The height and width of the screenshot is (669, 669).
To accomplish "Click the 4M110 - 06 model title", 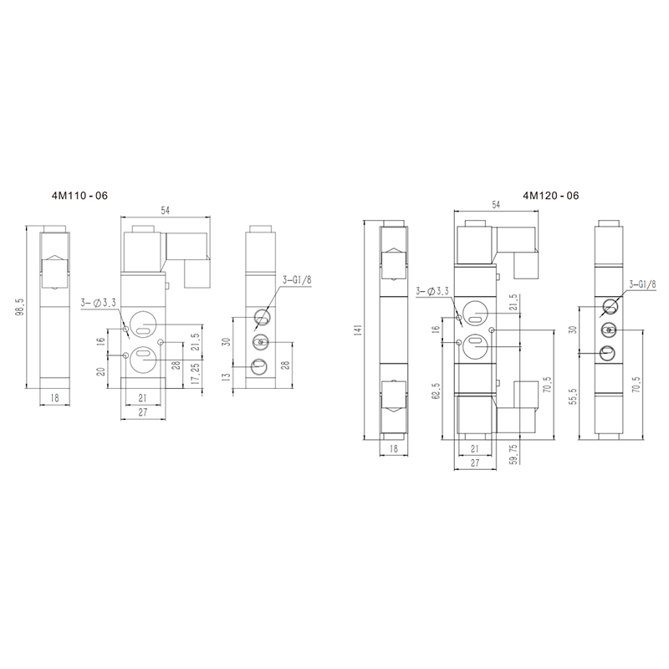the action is pyautogui.click(x=79, y=196).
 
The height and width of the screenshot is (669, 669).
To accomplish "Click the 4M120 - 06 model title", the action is pyautogui.click(x=551, y=196).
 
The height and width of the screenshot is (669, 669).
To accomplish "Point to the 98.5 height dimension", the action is pyautogui.click(x=20, y=307).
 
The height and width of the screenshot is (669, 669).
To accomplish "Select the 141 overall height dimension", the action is pyautogui.click(x=358, y=329).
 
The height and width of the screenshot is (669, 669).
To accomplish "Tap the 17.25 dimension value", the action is pyautogui.click(x=196, y=374).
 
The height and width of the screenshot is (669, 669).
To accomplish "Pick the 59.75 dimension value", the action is pyautogui.click(x=513, y=453).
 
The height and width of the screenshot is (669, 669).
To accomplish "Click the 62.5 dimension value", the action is pyautogui.click(x=436, y=391).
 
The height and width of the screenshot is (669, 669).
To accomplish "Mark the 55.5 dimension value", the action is pyautogui.click(x=573, y=396).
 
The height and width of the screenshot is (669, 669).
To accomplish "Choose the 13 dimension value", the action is pyautogui.click(x=227, y=377).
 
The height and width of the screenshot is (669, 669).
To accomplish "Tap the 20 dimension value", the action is pyautogui.click(x=101, y=371).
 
